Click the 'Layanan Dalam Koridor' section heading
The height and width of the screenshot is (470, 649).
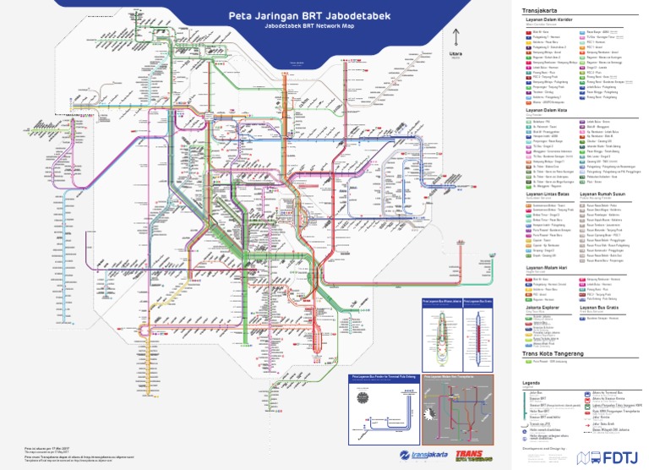(x=548, y=20)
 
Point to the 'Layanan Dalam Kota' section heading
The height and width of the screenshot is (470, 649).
(x=544, y=109)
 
